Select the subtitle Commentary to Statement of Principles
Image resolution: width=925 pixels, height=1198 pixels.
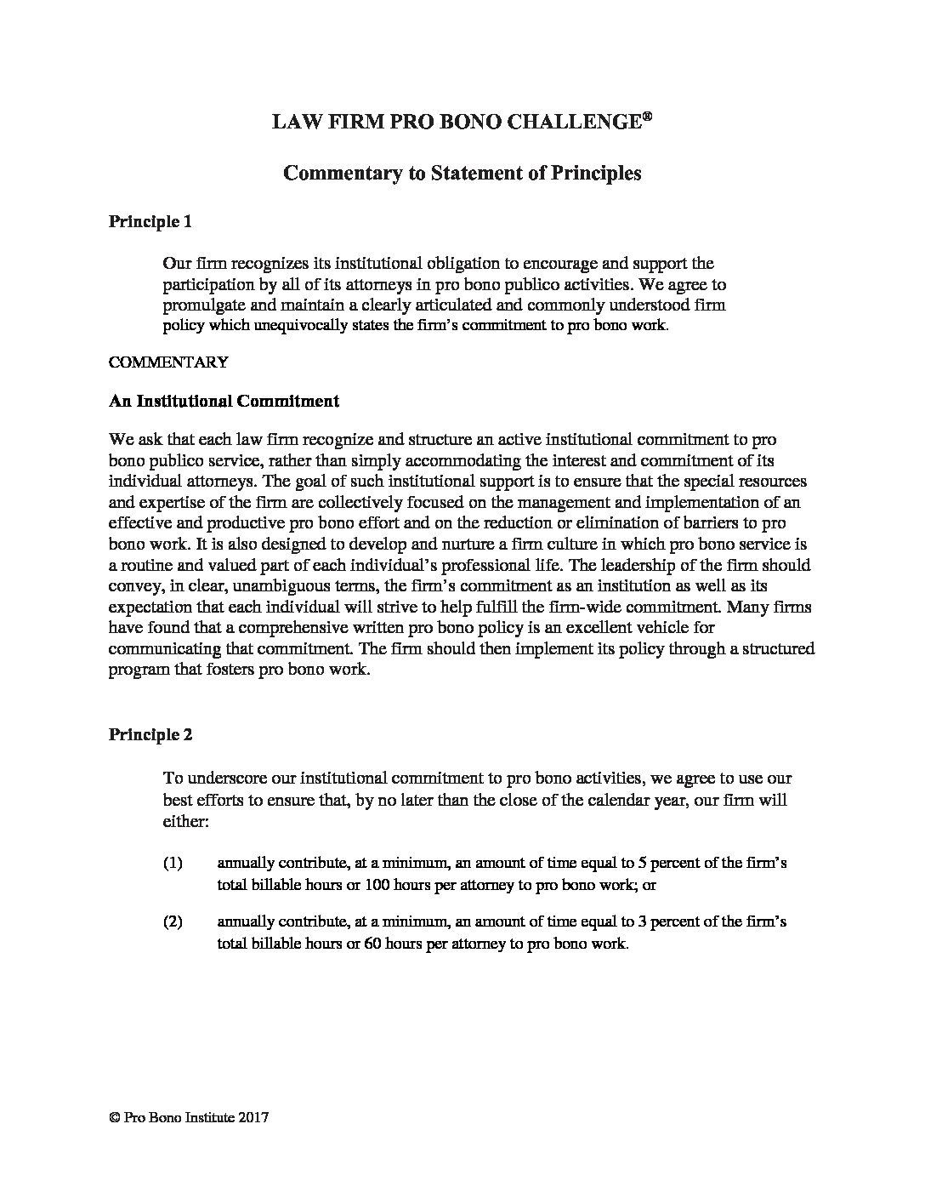(x=462, y=173)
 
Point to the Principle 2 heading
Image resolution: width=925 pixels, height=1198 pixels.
(x=150, y=735)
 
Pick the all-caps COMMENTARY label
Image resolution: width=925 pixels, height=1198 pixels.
(x=168, y=362)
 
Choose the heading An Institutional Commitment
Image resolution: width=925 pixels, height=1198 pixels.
(x=224, y=402)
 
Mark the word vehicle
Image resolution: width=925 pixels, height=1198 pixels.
(x=625, y=628)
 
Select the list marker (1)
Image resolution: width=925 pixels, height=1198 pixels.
(x=173, y=864)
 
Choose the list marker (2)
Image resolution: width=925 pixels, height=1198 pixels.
(x=173, y=922)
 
